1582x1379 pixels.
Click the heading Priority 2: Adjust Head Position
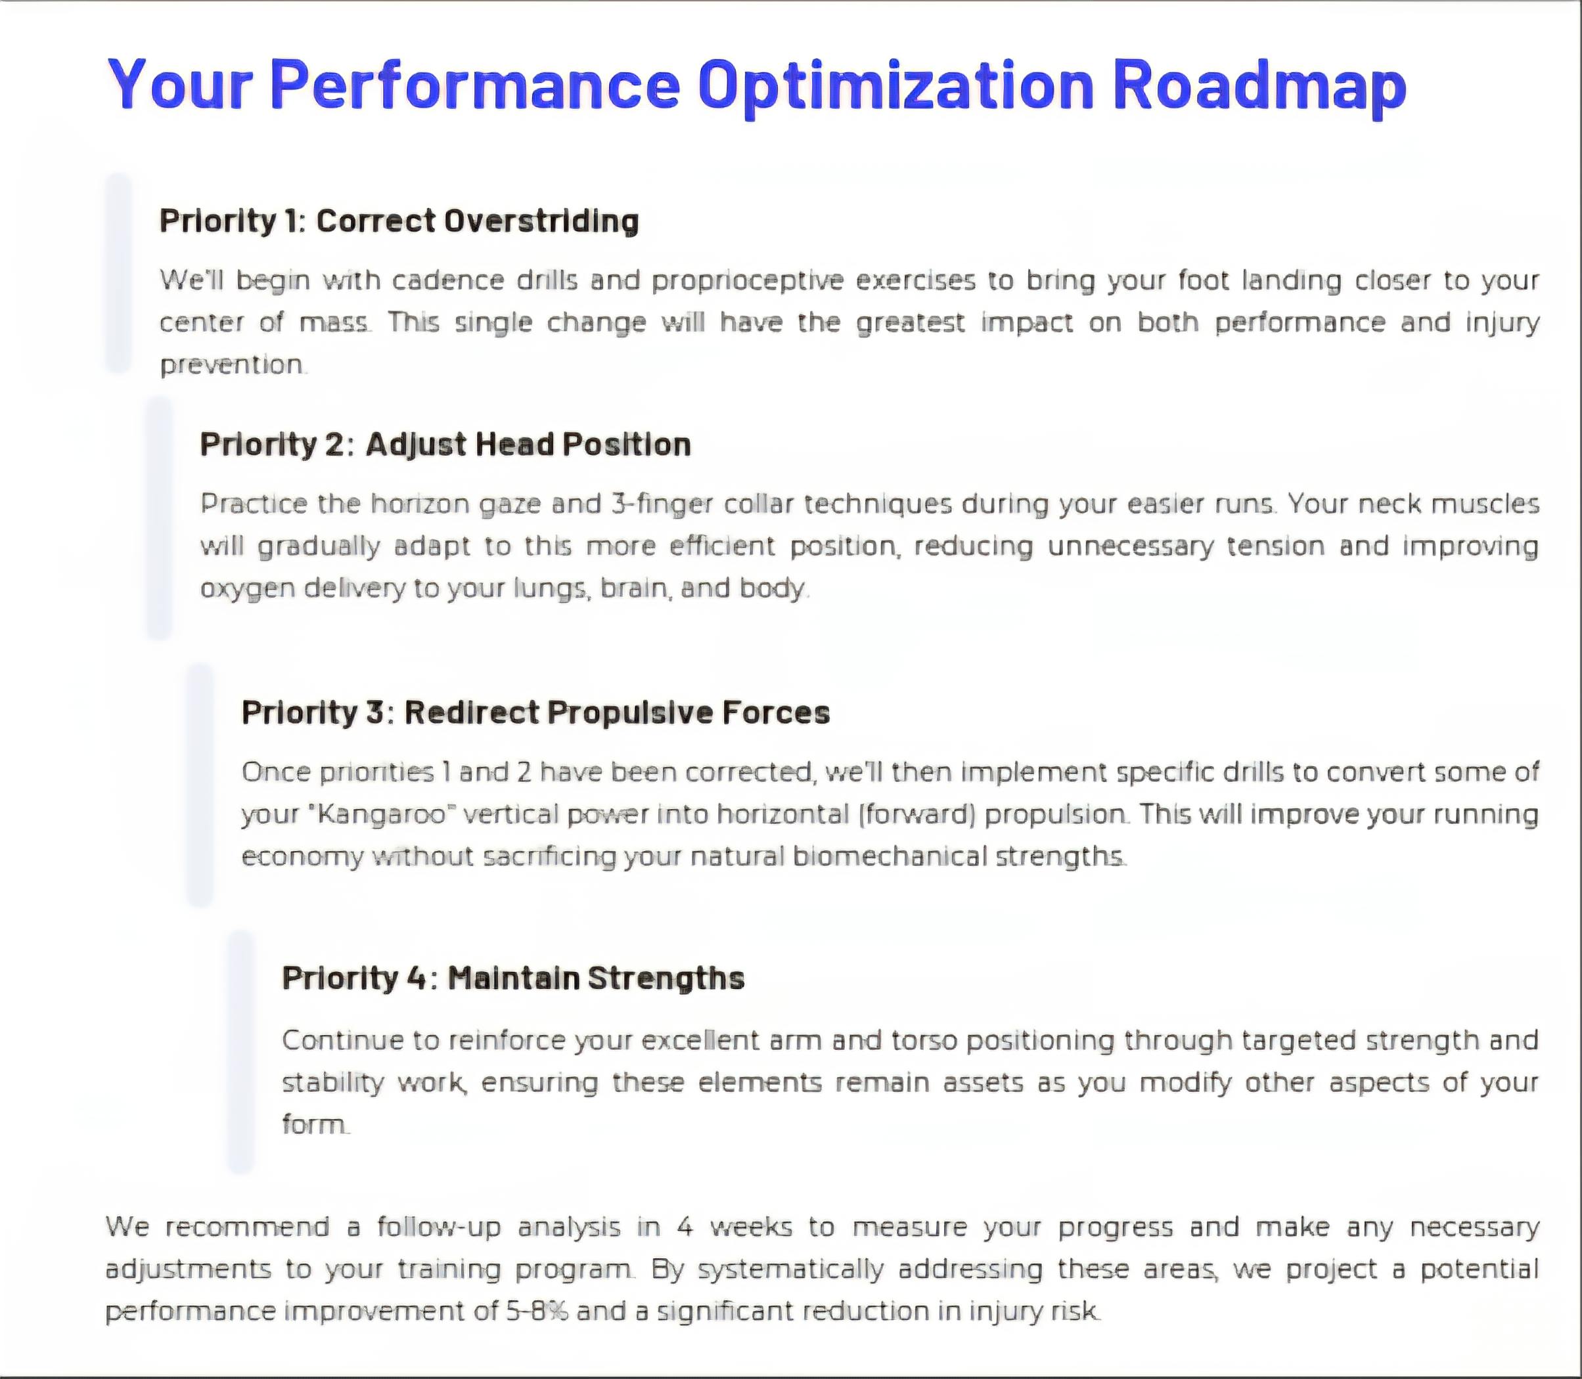coord(445,445)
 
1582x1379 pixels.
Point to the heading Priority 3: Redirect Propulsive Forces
coord(536,712)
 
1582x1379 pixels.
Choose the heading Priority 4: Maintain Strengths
coord(512,978)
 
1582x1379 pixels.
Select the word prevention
coord(232,364)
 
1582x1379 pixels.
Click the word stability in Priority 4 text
coord(332,1083)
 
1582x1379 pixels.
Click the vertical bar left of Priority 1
coord(118,273)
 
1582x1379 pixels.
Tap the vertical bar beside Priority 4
coord(241,1052)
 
